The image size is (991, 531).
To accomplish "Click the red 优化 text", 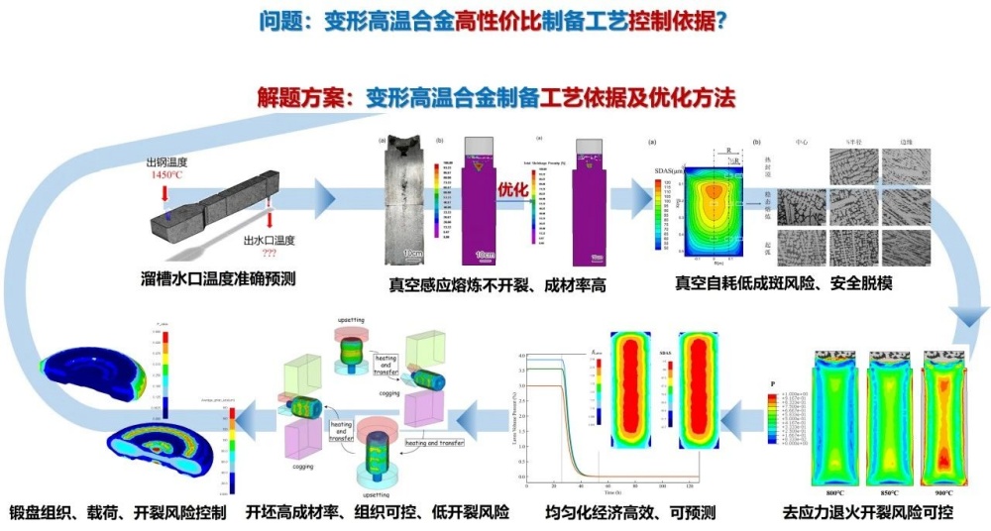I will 513,186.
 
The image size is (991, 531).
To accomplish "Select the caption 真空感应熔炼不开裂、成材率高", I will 496,286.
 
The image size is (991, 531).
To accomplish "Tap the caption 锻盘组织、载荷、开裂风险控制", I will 118,513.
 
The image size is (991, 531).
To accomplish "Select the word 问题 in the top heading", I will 280,21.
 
